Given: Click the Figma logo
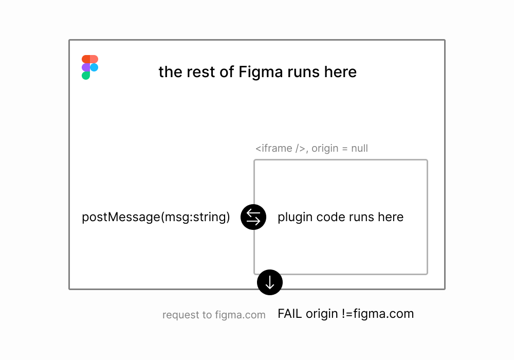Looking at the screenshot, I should click(x=90, y=67).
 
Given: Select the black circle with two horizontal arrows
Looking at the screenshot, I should click(x=253, y=217).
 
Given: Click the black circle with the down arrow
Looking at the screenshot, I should click(x=270, y=282).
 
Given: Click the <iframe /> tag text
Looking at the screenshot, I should click(x=281, y=149).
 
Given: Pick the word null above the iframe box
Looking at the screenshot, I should click(x=359, y=149).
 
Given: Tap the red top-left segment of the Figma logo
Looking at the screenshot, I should click(x=86, y=59).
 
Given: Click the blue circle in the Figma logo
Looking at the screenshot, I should click(x=94, y=67).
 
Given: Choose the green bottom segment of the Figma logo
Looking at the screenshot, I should click(x=86, y=76).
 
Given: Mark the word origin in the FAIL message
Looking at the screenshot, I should click(x=323, y=314).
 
